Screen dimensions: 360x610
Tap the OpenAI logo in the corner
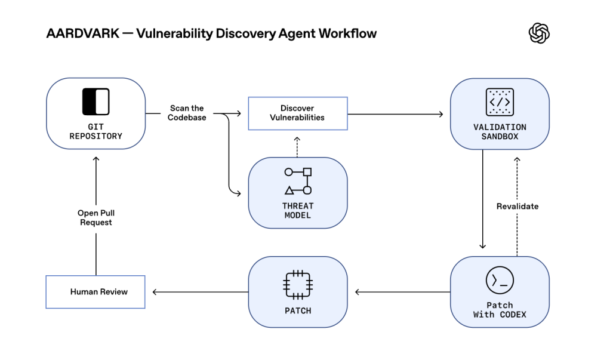pyautogui.click(x=539, y=33)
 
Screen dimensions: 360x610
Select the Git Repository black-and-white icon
pyautogui.click(x=95, y=101)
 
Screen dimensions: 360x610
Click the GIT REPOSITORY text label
pyautogui.click(x=95, y=131)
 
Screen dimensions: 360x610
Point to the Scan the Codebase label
pyautogui.click(x=187, y=113)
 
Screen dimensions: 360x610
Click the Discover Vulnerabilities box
pyautogui.click(x=297, y=113)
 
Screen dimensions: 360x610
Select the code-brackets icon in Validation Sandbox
pyautogui.click(x=500, y=101)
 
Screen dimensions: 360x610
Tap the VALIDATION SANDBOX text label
pyautogui.click(x=500, y=131)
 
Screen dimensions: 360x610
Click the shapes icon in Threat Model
pyautogui.click(x=298, y=181)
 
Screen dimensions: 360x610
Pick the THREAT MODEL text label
pyautogui.click(x=298, y=210)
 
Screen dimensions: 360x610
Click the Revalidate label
pyautogui.click(x=517, y=206)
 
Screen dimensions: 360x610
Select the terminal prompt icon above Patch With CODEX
pyautogui.click(x=500, y=281)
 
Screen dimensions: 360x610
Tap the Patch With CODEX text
pyautogui.click(x=500, y=309)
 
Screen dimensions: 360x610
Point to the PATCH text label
pyautogui.click(x=298, y=310)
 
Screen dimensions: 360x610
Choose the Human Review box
pyautogui.click(x=95, y=291)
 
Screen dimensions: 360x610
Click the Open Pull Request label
pyautogui.click(x=95, y=217)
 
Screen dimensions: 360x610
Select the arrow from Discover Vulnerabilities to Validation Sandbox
pyautogui.click(x=397, y=113)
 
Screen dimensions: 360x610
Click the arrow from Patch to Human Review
pyautogui.click(x=200, y=292)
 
